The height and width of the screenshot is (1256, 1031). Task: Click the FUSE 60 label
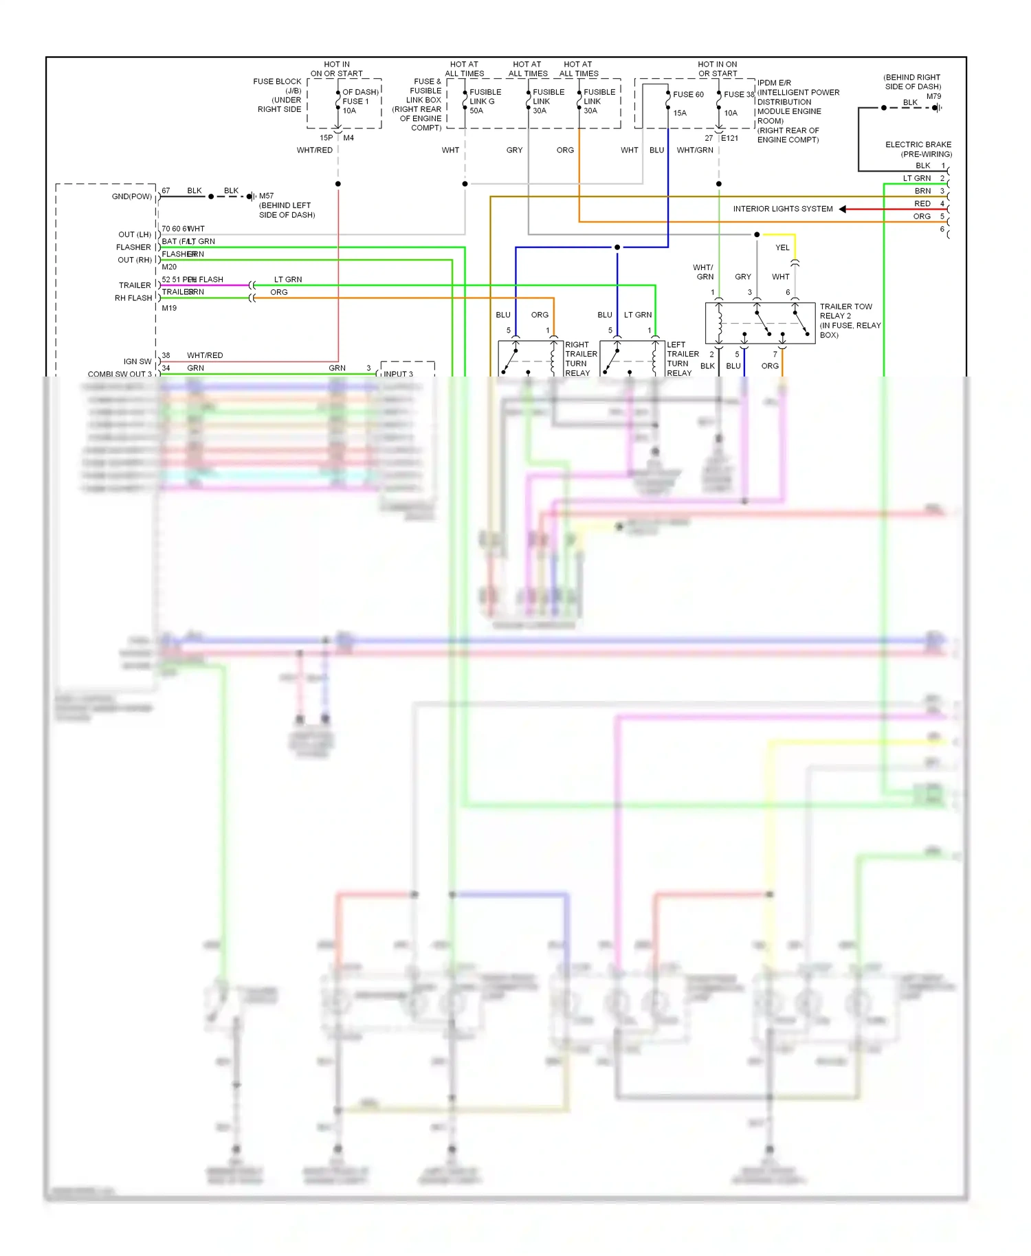coord(688,95)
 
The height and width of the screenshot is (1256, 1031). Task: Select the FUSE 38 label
coord(738,95)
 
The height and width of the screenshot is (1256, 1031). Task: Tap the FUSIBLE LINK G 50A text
coord(485,101)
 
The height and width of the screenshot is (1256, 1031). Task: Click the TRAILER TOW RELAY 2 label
coord(845,311)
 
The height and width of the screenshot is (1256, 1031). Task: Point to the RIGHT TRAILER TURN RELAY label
coord(581,359)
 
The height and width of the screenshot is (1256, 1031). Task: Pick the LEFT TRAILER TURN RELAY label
coord(682,359)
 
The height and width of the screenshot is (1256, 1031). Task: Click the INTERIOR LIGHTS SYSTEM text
coord(782,209)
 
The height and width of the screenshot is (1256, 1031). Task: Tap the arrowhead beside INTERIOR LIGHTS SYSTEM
coord(843,209)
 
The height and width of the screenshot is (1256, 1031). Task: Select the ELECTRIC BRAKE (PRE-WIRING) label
coord(918,149)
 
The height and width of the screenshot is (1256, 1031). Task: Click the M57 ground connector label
coord(266,196)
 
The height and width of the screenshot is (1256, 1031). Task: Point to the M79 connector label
coord(933,96)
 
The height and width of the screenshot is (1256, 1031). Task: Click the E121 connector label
coord(729,138)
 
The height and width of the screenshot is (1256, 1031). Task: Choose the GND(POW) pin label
coord(131,197)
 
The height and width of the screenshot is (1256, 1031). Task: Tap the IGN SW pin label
coord(137,361)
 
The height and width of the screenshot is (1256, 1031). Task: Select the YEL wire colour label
coord(782,248)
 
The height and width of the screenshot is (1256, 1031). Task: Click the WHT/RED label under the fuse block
coord(314,150)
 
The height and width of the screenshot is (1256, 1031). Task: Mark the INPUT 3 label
coord(398,374)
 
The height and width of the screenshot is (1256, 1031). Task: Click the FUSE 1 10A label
coord(355,102)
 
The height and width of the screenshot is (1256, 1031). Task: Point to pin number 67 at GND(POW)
coord(166,190)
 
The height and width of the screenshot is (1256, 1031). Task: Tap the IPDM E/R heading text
coord(774,83)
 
